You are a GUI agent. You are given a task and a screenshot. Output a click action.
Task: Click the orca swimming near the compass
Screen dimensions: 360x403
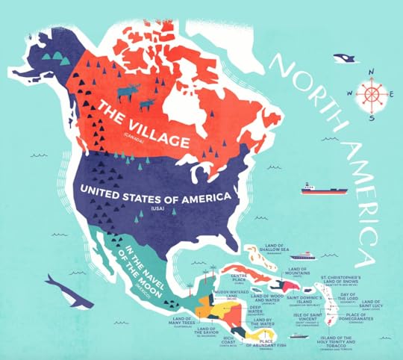(344, 57)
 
